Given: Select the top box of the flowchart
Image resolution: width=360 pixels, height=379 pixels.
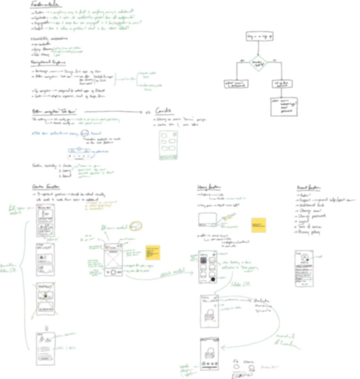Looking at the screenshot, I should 259,37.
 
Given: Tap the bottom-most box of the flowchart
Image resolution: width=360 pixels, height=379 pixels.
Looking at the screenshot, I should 283,106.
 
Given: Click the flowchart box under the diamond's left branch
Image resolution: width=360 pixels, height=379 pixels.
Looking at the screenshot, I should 237,84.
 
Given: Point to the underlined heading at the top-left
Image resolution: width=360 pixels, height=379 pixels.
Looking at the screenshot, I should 46,5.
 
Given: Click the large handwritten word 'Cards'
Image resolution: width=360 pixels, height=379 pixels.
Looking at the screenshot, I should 163,111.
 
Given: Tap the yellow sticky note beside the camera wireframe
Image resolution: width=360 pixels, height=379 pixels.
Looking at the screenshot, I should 153,252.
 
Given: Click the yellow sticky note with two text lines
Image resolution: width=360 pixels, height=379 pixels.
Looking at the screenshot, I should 258,225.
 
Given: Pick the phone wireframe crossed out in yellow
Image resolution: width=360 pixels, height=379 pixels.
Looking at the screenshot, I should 46,299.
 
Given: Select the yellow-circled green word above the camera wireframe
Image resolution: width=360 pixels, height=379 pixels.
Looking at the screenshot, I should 135,226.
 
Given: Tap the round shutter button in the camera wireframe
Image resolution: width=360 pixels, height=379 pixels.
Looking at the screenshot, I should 113,272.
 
